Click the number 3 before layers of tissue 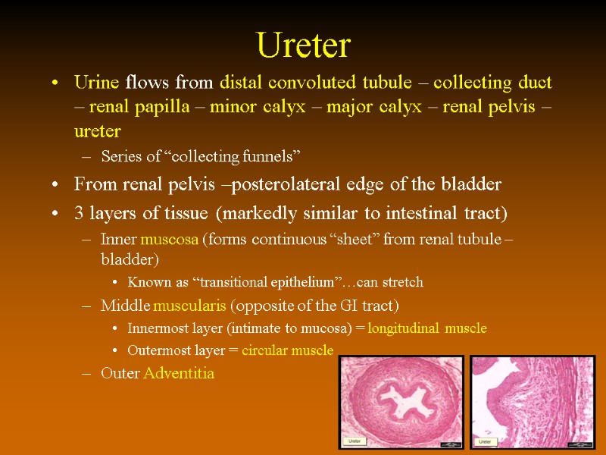click(80, 210)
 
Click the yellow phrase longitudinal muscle click(427, 328)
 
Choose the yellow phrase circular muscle click(287, 350)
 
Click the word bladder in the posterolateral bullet click(473, 184)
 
